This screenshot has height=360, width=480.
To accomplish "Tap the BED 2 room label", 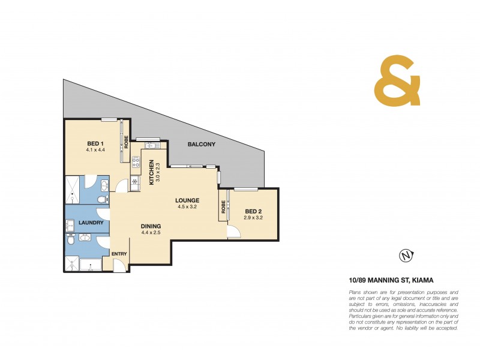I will click(253, 211).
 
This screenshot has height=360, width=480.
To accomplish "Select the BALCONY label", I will click(201, 145).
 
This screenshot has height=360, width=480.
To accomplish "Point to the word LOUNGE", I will click(187, 200).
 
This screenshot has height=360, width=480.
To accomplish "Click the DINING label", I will click(151, 226).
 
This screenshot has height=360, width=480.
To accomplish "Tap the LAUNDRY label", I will click(91, 223).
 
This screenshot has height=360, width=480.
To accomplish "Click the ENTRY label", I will click(119, 254).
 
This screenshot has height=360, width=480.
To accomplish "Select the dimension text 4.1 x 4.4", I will click(96, 150).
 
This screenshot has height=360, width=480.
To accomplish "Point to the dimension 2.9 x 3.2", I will click(253, 218).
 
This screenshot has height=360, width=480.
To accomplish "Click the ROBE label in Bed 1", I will click(126, 142).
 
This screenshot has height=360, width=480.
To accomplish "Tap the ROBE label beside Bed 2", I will click(223, 207).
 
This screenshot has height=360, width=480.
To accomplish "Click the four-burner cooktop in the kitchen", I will click(136, 162).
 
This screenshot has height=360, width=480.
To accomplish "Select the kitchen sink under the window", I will click(150, 145).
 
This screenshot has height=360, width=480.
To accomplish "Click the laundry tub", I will click(70, 225).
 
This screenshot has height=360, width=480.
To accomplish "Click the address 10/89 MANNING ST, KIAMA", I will click(391, 280).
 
